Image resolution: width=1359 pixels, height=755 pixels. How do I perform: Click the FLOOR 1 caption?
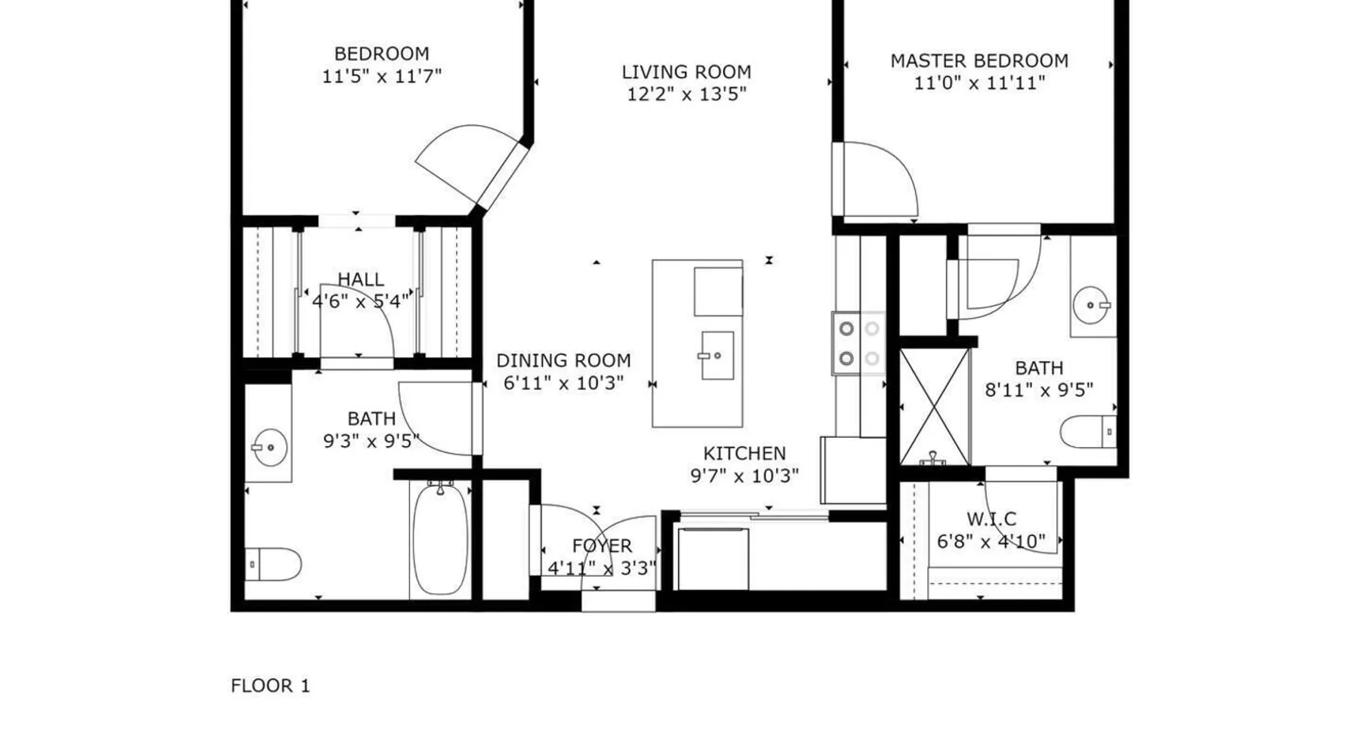[x=270, y=686]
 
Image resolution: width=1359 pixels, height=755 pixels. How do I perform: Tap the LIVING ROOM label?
[x=686, y=72]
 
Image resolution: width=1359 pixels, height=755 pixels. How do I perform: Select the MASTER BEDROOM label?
[x=979, y=61]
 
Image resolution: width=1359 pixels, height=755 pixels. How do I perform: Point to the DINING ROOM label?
[x=563, y=361]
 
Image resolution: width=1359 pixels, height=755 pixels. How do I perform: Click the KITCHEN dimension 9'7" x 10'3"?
[x=744, y=476]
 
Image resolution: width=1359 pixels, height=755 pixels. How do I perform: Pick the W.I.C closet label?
[x=991, y=519]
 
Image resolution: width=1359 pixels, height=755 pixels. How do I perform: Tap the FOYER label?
[x=602, y=546]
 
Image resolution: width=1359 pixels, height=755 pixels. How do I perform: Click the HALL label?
[x=360, y=279]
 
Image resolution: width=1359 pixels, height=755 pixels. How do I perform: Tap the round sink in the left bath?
[x=270, y=448]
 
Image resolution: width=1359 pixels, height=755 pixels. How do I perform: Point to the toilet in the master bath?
[x=1088, y=432]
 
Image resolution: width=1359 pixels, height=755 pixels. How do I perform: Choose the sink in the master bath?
[x=1092, y=305]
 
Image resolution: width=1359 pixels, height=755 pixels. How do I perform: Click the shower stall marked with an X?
[x=934, y=406]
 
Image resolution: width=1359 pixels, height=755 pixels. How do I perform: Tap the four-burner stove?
[x=858, y=344]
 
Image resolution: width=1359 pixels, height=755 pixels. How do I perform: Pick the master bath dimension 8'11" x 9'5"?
[x=1039, y=390]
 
